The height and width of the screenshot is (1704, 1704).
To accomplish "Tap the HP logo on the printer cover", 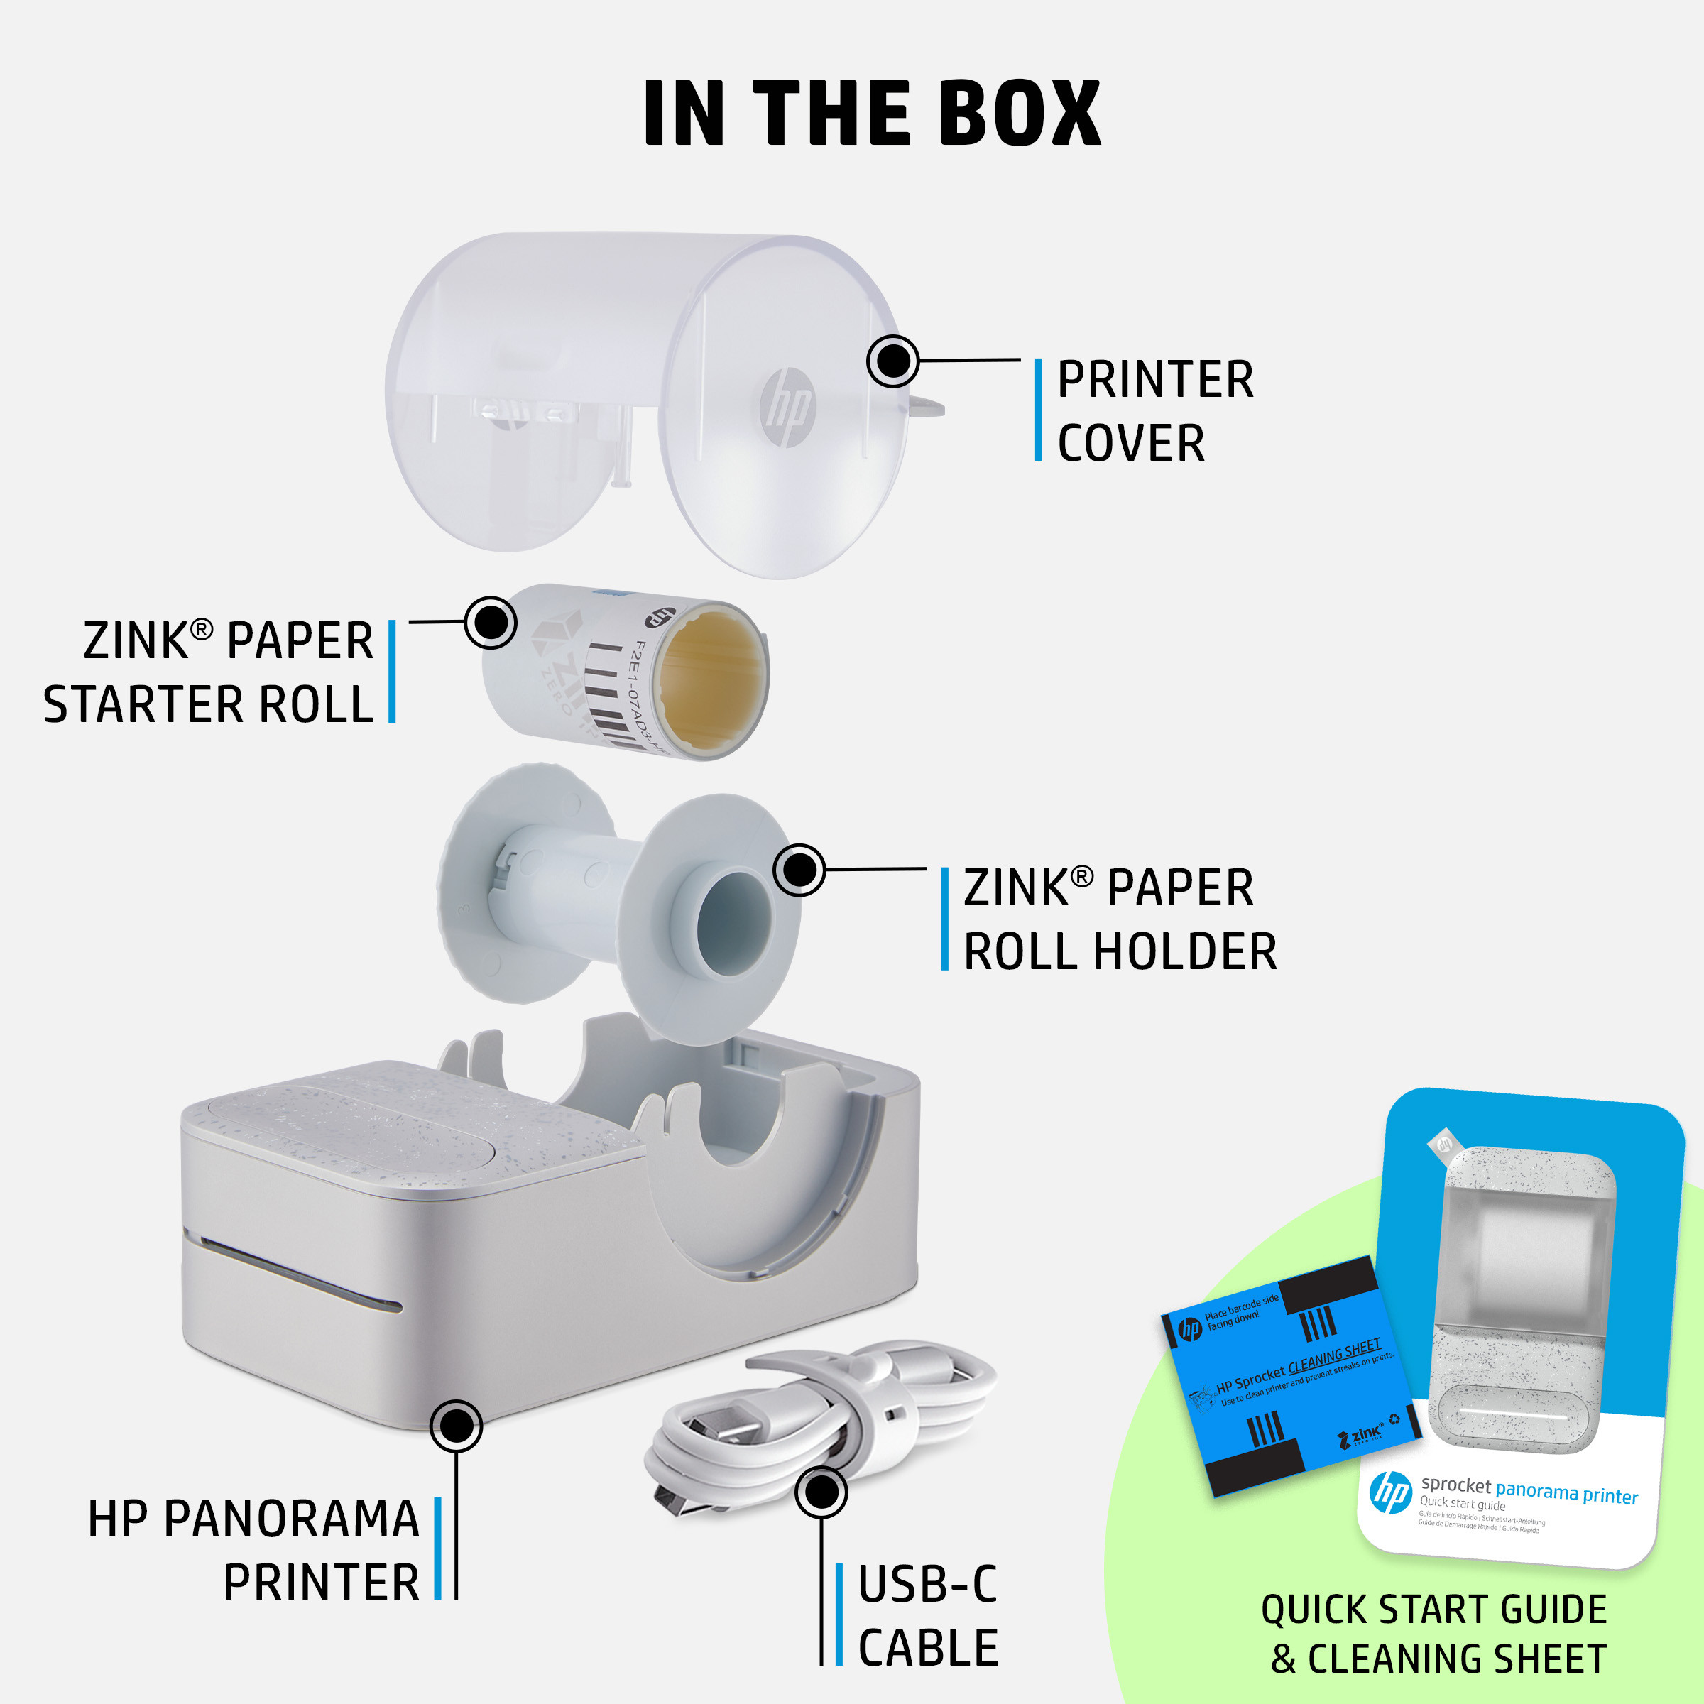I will tap(787, 407).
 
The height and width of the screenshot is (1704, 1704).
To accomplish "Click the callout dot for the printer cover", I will tap(892, 361).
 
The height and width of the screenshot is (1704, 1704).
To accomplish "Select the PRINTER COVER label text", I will tap(1154, 411).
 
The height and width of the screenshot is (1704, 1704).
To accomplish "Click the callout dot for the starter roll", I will tap(491, 622).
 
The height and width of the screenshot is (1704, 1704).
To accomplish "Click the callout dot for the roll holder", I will tap(799, 870).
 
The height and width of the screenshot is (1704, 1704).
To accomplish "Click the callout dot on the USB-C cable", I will tap(821, 1492).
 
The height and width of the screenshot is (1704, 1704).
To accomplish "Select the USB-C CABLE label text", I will tap(928, 1616).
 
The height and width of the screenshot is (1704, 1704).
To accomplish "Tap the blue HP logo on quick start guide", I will tap(1391, 1492).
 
